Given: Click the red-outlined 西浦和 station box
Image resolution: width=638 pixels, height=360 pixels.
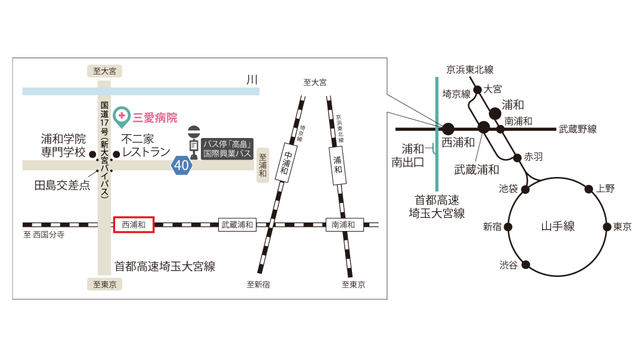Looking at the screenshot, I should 134,225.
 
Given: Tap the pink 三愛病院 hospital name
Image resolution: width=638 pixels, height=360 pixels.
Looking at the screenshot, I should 155,118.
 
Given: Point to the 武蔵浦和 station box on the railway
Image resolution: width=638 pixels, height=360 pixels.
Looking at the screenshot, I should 237,225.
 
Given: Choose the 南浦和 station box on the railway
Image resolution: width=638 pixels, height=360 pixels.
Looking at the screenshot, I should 343,225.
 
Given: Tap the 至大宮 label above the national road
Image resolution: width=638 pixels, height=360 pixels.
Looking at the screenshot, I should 105,71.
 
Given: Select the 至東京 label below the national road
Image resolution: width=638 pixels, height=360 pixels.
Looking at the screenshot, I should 105,284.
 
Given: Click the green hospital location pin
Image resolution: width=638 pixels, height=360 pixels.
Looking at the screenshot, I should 121,114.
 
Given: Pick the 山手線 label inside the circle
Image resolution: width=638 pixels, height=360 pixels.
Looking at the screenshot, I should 558,226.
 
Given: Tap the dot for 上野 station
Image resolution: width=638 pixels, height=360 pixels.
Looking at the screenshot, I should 588,189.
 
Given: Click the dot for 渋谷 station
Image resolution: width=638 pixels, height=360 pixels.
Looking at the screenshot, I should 526,265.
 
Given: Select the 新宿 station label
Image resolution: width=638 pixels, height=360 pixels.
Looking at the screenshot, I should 492,227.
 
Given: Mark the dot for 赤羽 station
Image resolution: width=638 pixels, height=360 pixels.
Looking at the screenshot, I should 517,158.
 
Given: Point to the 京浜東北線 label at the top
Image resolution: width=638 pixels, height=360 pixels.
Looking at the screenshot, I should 469,70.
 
